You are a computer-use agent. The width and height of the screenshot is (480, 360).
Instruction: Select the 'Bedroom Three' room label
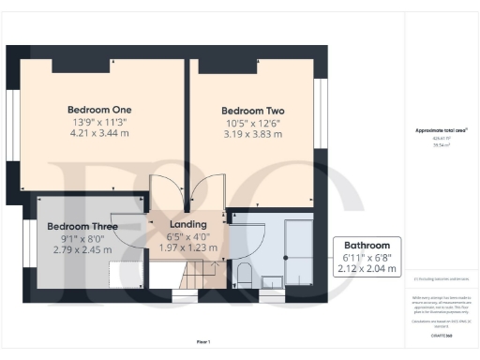click(82, 227)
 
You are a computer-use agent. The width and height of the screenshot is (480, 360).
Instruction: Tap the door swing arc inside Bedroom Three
click(134, 223)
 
